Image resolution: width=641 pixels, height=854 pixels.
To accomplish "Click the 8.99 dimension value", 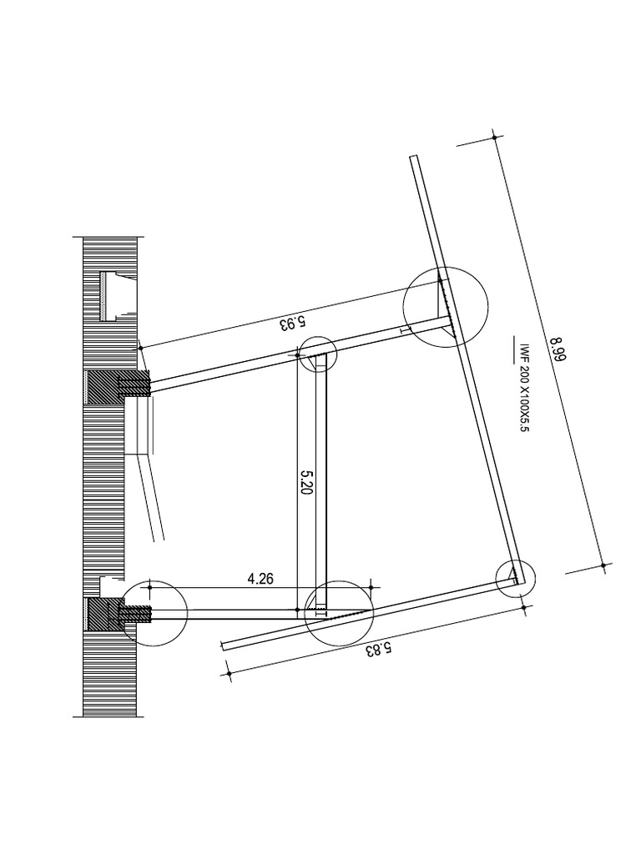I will [x=558, y=349].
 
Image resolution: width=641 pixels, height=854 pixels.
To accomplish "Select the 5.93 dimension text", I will [x=293, y=320].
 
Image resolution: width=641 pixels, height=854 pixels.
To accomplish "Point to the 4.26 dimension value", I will [x=260, y=578].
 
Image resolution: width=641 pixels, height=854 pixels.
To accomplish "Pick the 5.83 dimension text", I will [x=377, y=649].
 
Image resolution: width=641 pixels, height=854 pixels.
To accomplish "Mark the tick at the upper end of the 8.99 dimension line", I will [x=495, y=136].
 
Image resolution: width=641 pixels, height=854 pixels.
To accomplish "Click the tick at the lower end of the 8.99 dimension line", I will [x=603, y=565].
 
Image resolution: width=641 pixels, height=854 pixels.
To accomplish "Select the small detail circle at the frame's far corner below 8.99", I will [x=515, y=577].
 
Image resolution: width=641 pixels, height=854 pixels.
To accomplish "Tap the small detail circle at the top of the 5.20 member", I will [x=317, y=354].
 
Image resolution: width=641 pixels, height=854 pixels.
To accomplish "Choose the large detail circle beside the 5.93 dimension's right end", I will [x=444, y=306].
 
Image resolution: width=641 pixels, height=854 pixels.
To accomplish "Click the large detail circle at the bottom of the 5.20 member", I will [x=339, y=611].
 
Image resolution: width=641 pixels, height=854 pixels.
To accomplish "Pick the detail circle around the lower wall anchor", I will [x=154, y=612].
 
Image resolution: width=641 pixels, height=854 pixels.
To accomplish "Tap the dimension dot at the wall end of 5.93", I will [x=140, y=347].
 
